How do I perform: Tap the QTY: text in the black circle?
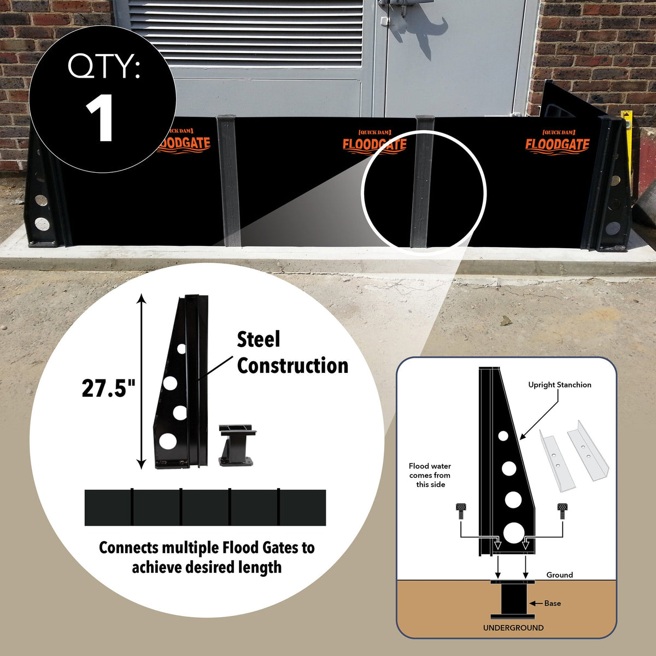104,67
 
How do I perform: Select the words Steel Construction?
292,353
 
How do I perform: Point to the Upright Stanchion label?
559,385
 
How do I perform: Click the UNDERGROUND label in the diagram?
513,628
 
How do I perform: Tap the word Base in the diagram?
552,603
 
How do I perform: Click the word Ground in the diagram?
559,575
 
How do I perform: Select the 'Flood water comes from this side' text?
430,475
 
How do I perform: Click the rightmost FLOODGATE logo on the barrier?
558,143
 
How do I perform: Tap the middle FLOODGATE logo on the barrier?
374,143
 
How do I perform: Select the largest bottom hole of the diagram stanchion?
513,532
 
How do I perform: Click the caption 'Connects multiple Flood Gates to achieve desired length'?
207,557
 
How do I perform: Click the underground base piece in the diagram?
512,600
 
